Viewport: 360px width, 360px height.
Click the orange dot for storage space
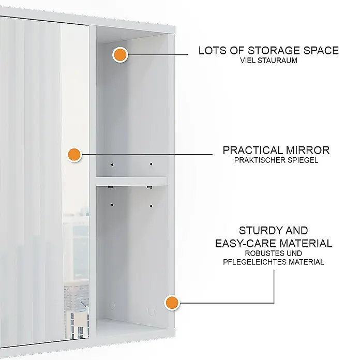click(121, 55)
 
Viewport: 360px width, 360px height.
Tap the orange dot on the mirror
click(74, 154)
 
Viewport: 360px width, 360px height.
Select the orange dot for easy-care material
click(172, 303)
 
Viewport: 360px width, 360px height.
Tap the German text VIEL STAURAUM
click(268, 61)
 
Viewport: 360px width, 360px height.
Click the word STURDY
click(257, 231)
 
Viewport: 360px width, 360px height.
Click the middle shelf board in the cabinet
click(131, 181)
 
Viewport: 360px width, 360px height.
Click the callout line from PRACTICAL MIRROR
click(147, 154)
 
